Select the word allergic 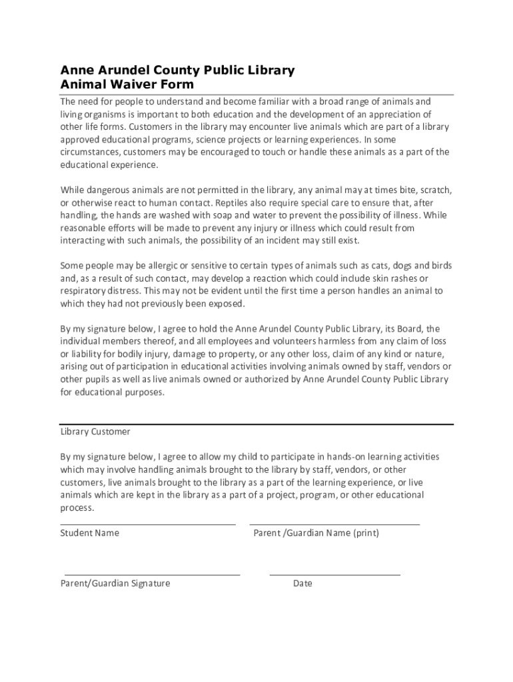[x=161, y=266]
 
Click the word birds [x=440, y=266]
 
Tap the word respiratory [x=84, y=291]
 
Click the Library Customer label [x=95, y=432]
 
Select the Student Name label [x=90, y=533]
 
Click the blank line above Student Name [x=148, y=524]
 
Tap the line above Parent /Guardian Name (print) [x=334, y=524]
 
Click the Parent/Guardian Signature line [x=152, y=574]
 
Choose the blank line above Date [x=334, y=574]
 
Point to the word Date [x=302, y=583]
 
